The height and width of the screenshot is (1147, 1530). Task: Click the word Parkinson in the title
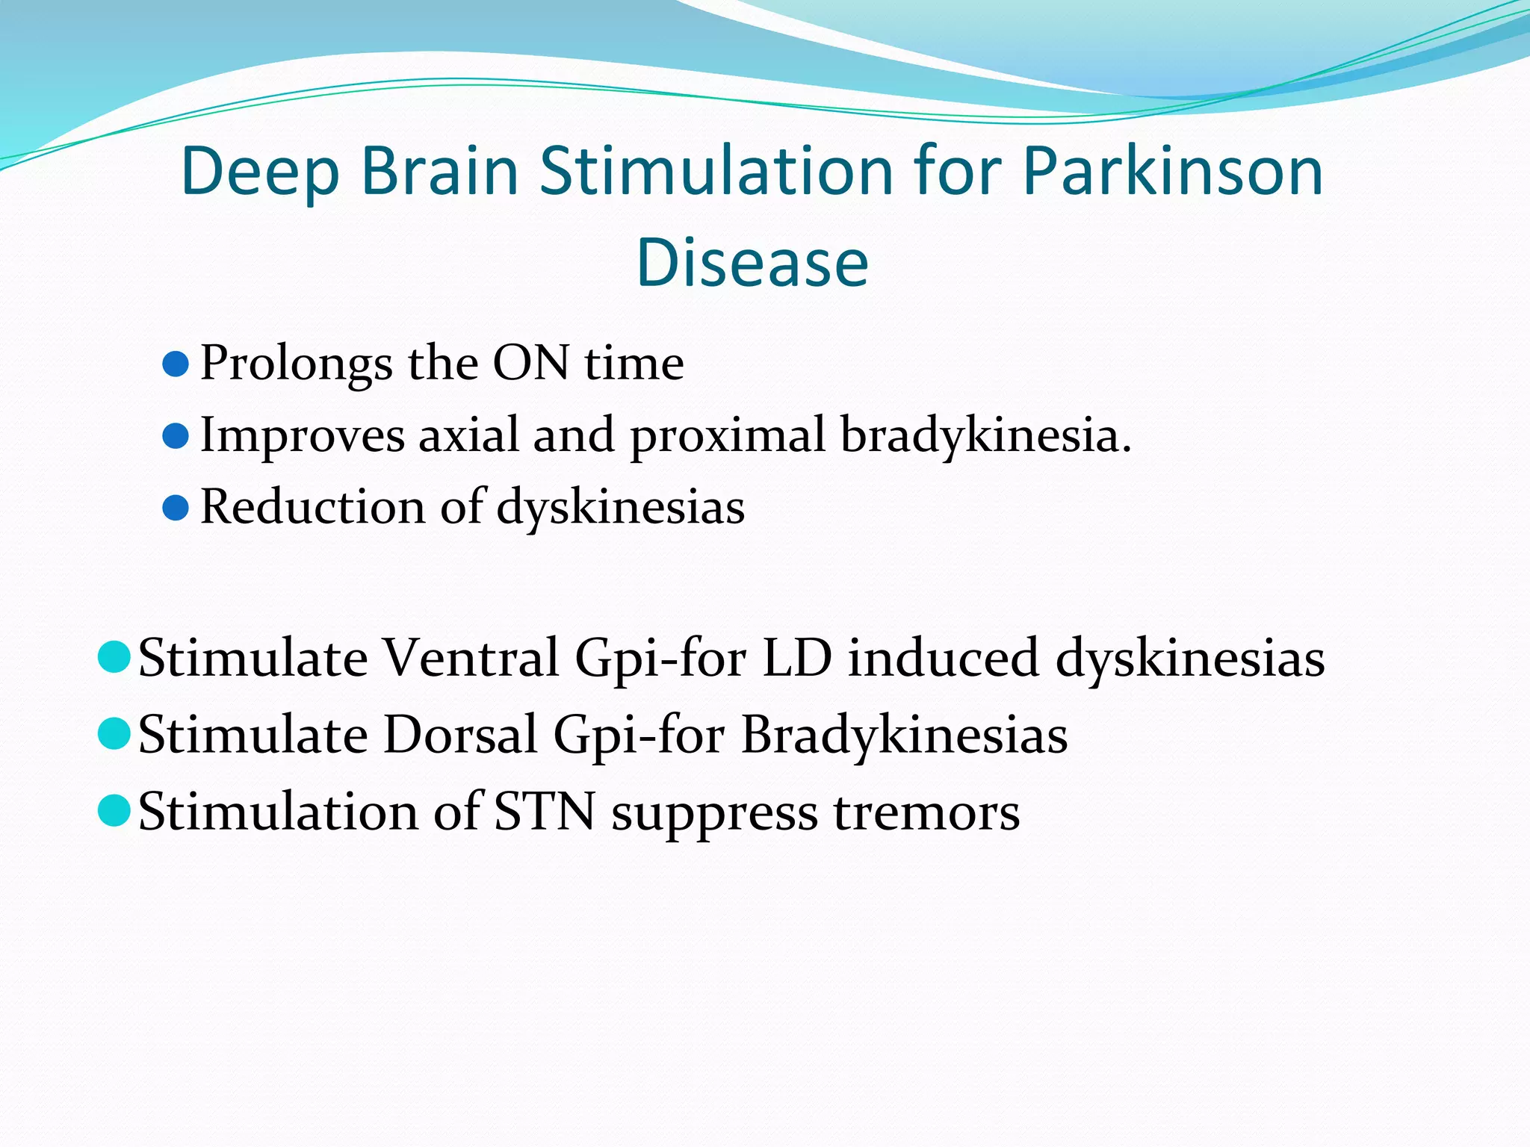[1172, 172]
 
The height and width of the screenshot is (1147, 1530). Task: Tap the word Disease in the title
[752, 263]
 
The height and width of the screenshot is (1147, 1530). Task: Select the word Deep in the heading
[259, 172]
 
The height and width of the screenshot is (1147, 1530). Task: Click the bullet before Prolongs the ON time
[175, 364]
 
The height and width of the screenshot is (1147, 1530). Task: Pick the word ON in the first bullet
[530, 364]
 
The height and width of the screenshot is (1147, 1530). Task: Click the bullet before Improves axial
[175, 436]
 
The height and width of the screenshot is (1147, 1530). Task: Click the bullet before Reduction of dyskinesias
[175, 509]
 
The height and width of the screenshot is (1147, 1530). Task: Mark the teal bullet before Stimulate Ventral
[114, 657]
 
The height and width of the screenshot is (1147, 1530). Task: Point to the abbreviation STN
[545, 812]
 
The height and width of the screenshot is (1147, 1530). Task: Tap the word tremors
[926, 812]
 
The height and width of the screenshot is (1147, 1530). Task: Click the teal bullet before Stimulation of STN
[114, 810]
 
